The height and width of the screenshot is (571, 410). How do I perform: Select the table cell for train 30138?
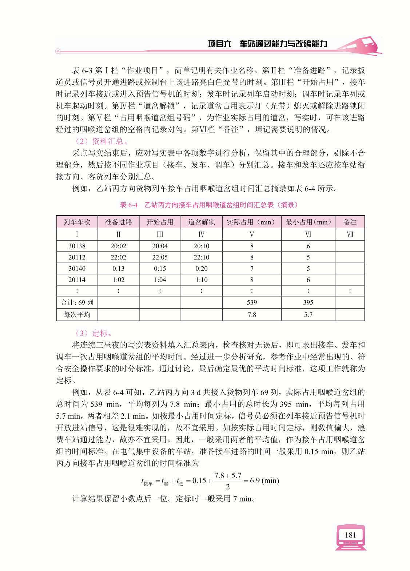tap(77, 246)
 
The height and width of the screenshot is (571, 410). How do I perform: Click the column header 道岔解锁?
tap(201, 222)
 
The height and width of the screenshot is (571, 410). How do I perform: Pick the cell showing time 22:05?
tap(160, 257)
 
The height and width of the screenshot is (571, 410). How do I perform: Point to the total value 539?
tap(252, 302)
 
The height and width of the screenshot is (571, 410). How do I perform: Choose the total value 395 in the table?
tap(308, 302)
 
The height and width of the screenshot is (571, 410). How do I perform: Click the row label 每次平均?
tap(77, 315)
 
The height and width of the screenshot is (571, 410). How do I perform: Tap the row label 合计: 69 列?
tap(77, 302)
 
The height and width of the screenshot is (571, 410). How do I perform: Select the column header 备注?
tap(350, 222)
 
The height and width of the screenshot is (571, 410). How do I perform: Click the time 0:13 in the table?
tap(118, 269)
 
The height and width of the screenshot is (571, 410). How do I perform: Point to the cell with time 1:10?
tap(201, 280)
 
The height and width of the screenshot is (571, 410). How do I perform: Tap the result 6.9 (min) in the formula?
tap(264, 480)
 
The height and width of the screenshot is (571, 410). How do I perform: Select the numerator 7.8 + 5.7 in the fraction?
tap(228, 475)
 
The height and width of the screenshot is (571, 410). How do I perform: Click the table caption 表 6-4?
tap(129, 205)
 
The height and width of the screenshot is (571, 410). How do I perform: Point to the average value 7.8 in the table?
tap(252, 315)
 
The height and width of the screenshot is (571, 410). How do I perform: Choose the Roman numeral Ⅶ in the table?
tap(350, 234)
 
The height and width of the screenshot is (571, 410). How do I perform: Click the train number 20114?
tap(77, 280)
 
